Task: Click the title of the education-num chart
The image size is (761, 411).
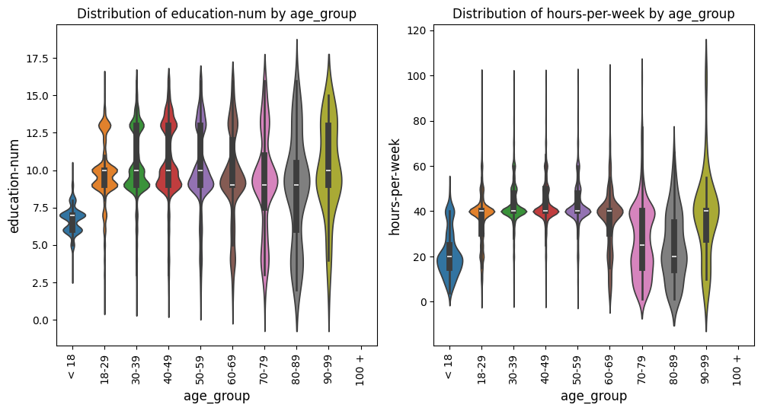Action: coord(216,14)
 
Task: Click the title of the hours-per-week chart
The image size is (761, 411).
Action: coord(593,14)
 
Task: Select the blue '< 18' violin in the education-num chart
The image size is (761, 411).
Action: coord(72,217)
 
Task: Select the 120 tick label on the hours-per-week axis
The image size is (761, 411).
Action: coord(418,31)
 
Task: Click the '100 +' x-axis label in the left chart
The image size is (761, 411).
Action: coord(360,369)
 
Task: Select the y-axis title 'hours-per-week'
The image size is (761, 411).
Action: coord(394,186)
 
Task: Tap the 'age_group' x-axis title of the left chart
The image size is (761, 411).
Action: coord(216,396)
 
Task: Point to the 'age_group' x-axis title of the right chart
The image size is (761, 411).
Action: coord(593,396)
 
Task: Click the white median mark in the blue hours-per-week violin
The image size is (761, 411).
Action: coord(449,256)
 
